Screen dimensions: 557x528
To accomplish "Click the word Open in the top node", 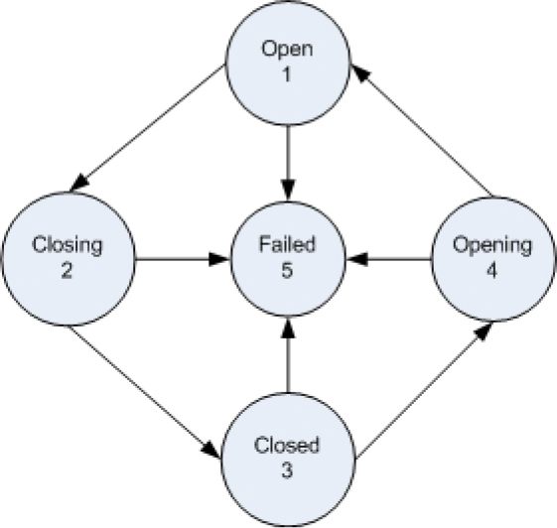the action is pyautogui.click(x=287, y=50).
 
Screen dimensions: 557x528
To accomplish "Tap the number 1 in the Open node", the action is pyautogui.click(x=286, y=74).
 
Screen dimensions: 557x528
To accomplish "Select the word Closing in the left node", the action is pyautogui.click(x=68, y=246).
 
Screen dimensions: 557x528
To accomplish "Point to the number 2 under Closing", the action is pyautogui.click(x=67, y=271).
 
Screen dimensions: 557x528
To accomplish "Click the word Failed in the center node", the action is pyautogui.click(x=287, y=244).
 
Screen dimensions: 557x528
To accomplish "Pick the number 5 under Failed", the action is pyautogui.click(x=287, y=271).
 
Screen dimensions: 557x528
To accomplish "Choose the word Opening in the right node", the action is pyautogui.click(x=492, y=246).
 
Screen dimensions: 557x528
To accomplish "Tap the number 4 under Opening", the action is pyautogui.click(x=491, y=271).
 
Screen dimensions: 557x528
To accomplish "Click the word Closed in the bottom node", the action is pyautogui.click(x=287, y=445).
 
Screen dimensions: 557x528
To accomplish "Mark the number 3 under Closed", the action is pyautogui.click(x=287, y=469).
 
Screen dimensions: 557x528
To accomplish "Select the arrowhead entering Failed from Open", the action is pyautogui.click(x=288, y=191).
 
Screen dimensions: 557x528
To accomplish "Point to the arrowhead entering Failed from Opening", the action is pyautogui.click(x=357, y=259).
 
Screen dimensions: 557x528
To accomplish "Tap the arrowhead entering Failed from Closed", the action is pyautogui.click(x=288, y=328).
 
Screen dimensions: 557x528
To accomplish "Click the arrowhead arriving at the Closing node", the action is pyautogui.click(x=79, y=183).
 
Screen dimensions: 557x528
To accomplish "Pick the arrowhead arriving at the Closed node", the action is pyautogui.click(x=211, y=450).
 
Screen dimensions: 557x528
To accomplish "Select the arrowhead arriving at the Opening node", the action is pyautogui.click(x=484, y=330).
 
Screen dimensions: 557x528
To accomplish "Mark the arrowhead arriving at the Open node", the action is pyautogui.click(x=360, y=73).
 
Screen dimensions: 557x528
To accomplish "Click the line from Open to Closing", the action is pyautogui.click(x=147, y=128).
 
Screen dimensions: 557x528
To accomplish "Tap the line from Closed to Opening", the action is pyautogui.click(x=424, y=390).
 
